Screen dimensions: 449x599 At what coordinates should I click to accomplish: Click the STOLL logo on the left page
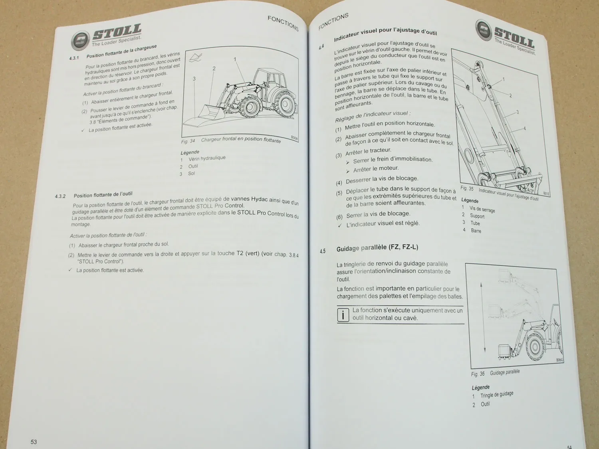point(107,36)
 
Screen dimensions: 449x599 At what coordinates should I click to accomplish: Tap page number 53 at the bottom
point(34,441)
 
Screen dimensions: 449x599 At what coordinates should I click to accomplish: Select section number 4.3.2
point(60,196)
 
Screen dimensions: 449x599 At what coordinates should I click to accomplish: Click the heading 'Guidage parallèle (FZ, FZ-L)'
point(377,248)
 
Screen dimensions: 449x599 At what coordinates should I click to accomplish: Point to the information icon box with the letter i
point(343,315)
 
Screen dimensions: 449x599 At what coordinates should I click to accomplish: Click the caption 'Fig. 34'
point(188,141)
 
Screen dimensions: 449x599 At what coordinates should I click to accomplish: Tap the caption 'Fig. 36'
point(478,374)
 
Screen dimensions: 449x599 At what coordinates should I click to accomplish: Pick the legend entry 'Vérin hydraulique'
point(207,158)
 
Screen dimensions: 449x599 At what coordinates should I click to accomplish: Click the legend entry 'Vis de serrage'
point(482,209)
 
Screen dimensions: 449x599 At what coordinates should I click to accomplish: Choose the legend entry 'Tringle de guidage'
point(496,395)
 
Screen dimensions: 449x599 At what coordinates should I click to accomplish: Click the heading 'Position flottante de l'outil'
point(103,194)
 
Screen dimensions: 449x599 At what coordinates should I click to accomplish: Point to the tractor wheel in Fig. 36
point(537,344)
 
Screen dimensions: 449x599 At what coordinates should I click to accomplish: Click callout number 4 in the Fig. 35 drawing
point(524,129)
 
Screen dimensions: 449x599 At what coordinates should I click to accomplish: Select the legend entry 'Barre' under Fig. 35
point(476,231)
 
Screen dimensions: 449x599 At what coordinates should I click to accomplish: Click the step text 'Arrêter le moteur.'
point(376,169)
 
